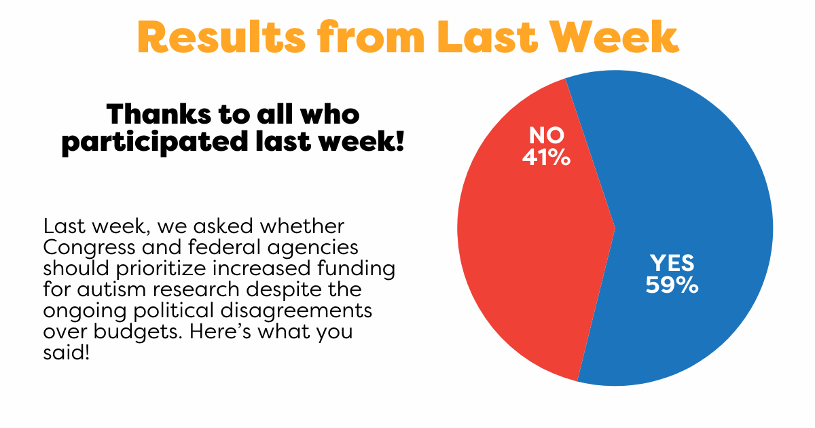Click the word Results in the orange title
[x=221, y=37]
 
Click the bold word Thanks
[x=159, y=114]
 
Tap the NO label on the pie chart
[x=547, y=135]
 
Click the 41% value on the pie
[x=547, y=157]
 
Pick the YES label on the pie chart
[x=672, y=263]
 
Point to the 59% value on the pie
[x=672, y=285]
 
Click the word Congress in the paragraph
[x=89, y=248]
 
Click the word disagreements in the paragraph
[x=296, y=312]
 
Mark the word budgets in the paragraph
[x=137, y=333]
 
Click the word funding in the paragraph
[x=356, y=269]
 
